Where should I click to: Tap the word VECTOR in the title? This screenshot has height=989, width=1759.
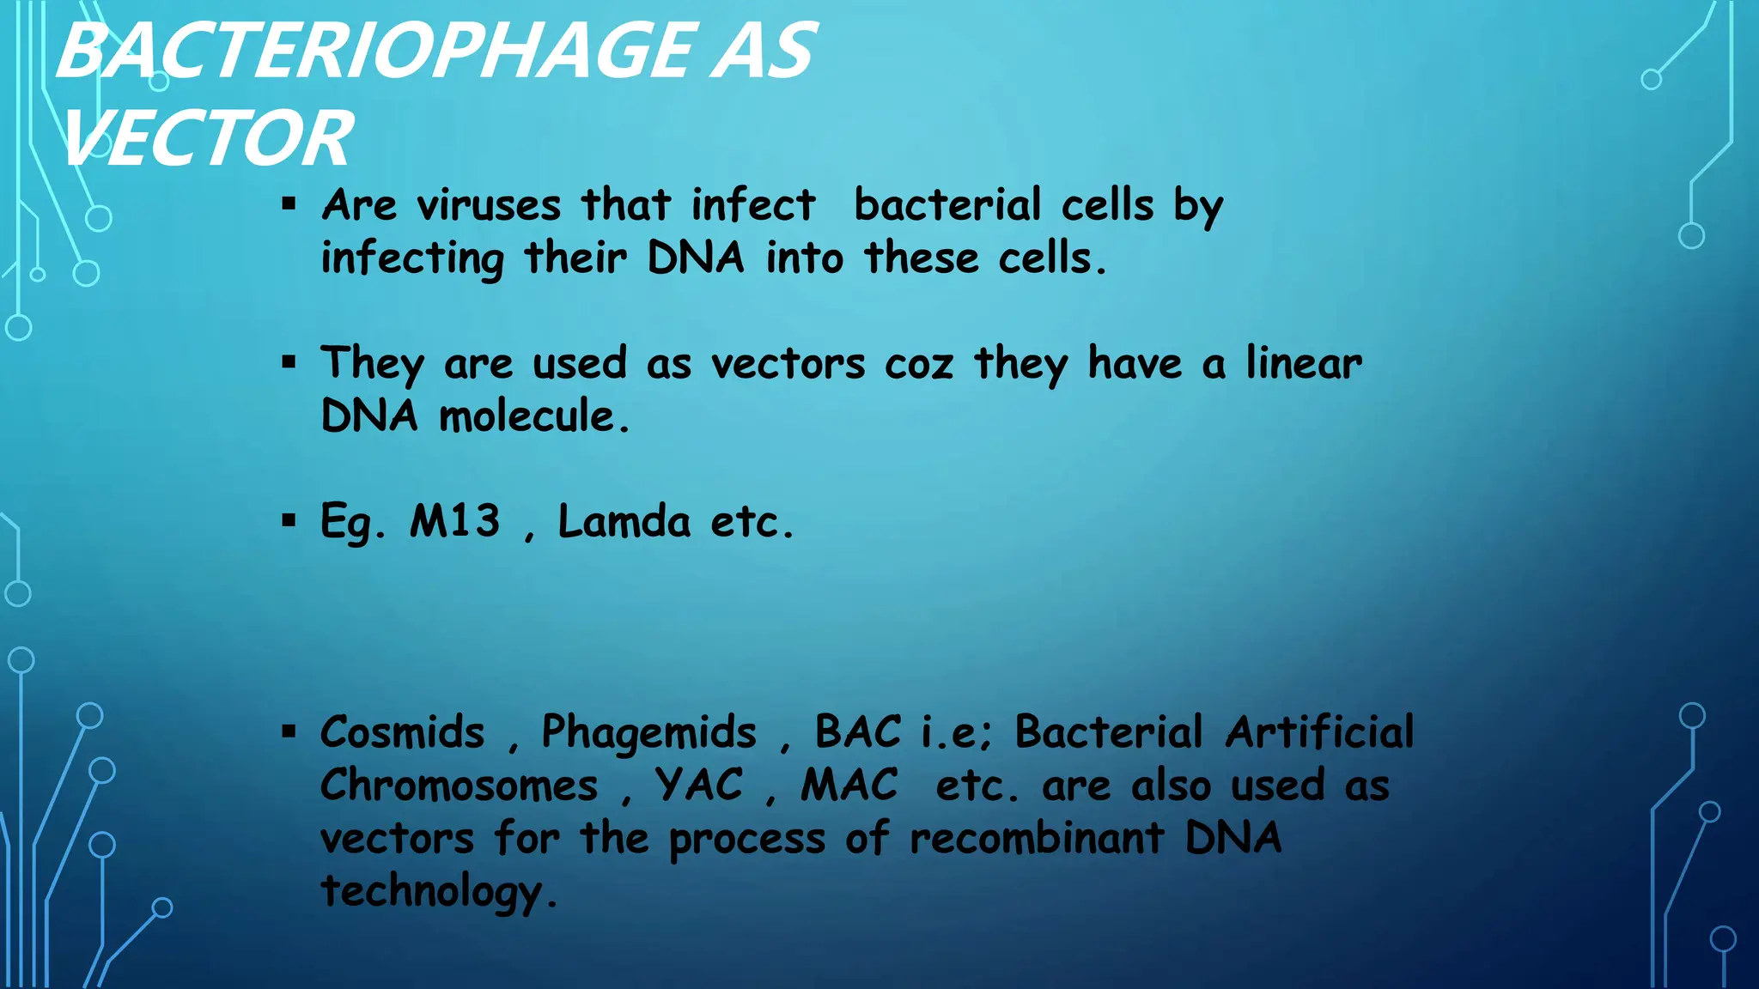tap(207, 139)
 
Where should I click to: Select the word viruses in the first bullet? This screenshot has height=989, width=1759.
tap(489, 206)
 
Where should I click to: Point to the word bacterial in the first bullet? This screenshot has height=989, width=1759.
tap(947, 206)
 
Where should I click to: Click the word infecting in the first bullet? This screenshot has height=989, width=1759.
tap(412, 259)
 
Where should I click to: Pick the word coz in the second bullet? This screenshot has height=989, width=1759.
tap(919, 364)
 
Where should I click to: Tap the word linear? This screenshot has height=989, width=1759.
tap(1304, 363)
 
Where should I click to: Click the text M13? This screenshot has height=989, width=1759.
tap(455, 521)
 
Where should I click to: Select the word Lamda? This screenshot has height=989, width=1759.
tap(624, 521)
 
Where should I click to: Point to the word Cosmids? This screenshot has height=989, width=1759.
tap(403, 733)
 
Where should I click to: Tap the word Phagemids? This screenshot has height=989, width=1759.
tap(649, 733)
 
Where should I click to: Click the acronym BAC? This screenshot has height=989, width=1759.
tap(858, 733)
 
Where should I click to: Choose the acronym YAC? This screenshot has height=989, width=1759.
tap(699, 786)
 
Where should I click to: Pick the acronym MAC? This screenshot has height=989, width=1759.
tap(849, 786)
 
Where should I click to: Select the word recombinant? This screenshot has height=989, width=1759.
tap(1037, 839)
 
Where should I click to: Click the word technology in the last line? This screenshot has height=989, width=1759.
tap(432, 891)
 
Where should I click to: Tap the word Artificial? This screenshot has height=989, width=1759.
tap(1319, 733)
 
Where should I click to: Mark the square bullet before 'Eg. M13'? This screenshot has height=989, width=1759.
tap(289, 520)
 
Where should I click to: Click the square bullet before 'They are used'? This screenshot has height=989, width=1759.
tap(289, 362)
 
